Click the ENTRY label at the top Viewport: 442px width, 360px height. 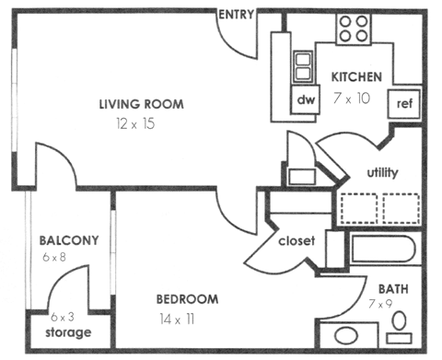[x=236, y=14]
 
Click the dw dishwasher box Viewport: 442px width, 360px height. [x=305, y=99]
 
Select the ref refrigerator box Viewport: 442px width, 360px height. [x=403, y=103]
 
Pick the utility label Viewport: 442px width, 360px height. [x=383, y=172]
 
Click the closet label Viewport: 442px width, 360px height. [x=297, y=241]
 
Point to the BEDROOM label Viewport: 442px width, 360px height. [x=187, y=299]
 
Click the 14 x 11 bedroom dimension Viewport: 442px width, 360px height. [x=178, y=319]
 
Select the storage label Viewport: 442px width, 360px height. [x=68, y=332]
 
